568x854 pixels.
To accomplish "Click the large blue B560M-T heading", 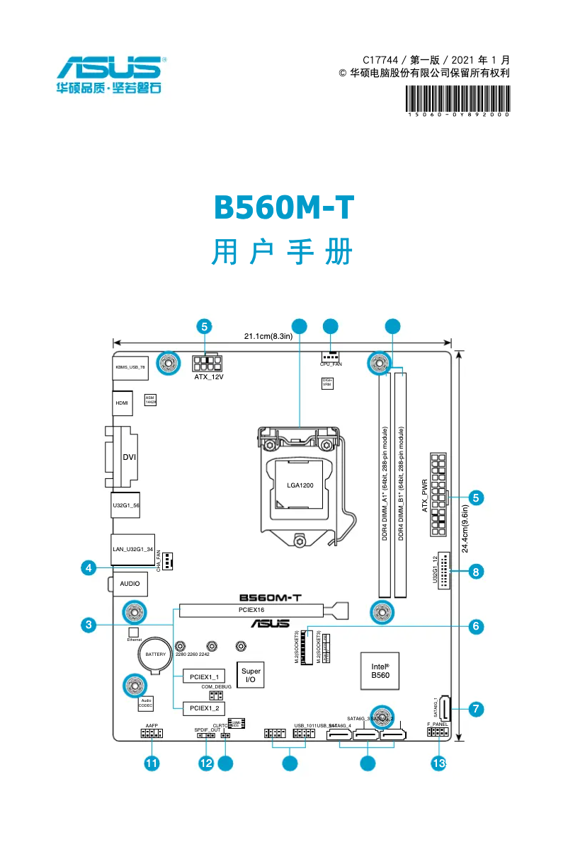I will click(x=283, y=208).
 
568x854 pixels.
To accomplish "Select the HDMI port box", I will click(x=123, y=403).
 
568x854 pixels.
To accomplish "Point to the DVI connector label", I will click(x=129, y=457).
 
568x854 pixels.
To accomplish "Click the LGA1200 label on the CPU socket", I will click(x=300, y=485).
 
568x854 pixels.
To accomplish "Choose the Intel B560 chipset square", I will click(x=380, y=671).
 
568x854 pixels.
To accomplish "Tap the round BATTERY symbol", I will click(x=156, y=654).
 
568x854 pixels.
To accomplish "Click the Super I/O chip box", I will click(x=250, y=675).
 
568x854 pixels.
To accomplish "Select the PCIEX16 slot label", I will click(x=251, y=610).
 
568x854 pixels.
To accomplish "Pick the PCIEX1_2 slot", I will click(x=204, y=707).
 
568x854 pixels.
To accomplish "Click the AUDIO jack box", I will click(x=130, y=584).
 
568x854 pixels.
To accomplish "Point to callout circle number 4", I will click(x=88, y=568).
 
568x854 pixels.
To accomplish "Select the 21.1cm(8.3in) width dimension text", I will click(x=268, y=336).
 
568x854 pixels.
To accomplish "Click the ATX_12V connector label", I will click(x=209, y=378).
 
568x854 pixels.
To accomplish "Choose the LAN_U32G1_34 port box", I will click(x=133, y=548).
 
